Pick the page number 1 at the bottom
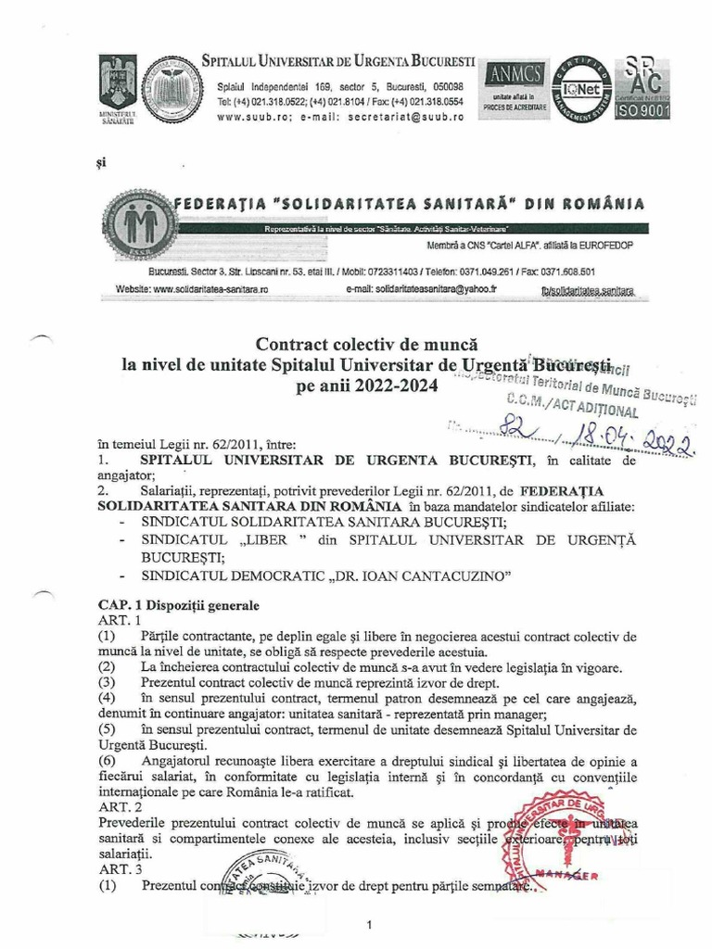(x=369, y=925)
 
